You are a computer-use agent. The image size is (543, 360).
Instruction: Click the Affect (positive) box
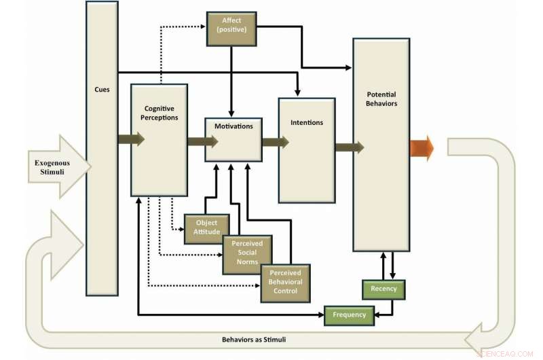(x=231, y=29)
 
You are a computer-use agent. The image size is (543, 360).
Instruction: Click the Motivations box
(x=233, y=126)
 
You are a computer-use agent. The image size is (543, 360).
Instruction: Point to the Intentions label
(x=306, y=123)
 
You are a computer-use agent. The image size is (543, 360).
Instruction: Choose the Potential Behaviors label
(x=381, y=99)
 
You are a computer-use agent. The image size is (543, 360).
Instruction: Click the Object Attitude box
(x=207, y=228)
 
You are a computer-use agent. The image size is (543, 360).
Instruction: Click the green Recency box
(x=383, y=289)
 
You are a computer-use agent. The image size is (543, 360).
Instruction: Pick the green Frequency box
(x=349, y=314)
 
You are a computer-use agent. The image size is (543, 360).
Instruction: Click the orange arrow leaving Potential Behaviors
(x=421, y=147)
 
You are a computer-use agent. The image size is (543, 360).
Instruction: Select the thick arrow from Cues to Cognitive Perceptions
(x=131, y=140)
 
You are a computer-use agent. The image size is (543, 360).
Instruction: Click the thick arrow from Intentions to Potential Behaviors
(x=349, y=147)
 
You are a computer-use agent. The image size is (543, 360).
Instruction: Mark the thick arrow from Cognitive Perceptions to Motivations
(x=202, y=141)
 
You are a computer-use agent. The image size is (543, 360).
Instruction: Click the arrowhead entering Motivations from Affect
(x=232, y=112)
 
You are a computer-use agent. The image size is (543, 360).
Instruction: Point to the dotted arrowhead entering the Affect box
(x=203, y=26)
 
